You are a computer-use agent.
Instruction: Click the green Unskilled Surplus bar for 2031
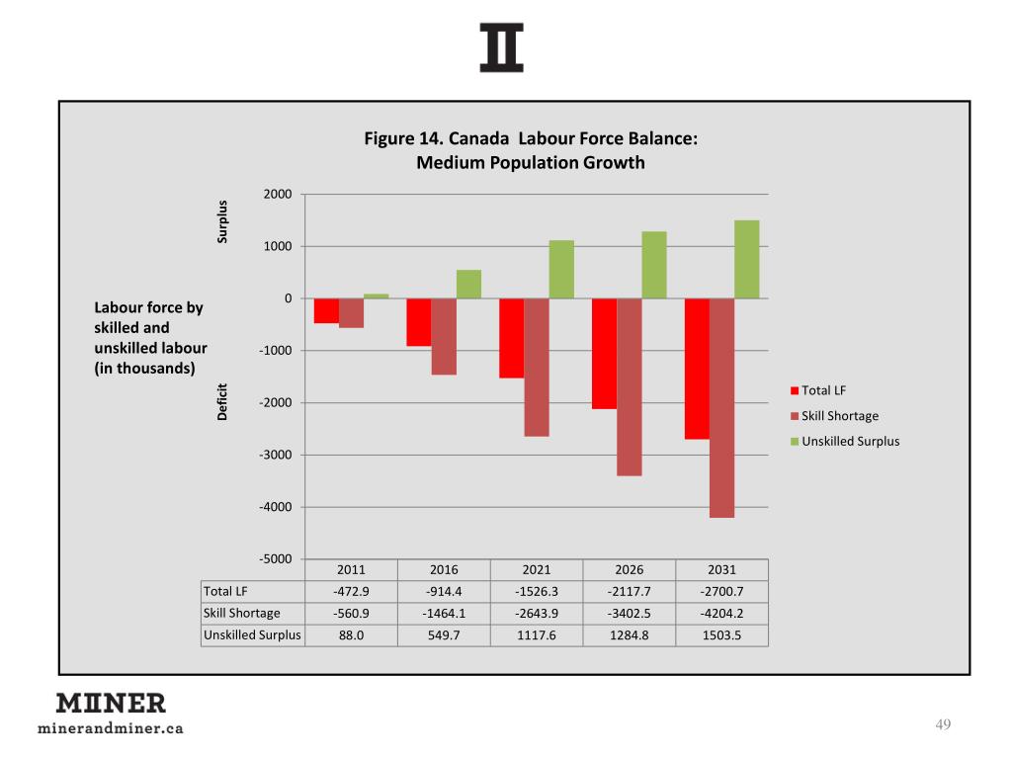point(746,259)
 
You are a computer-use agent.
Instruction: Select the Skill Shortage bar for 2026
point(630,386)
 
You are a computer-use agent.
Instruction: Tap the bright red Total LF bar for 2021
point(511,338)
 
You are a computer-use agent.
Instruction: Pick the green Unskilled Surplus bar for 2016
point(468,284)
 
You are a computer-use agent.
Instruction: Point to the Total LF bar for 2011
point(326,310)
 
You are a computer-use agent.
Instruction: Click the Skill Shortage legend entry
point(839,416)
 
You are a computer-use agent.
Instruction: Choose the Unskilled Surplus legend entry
point(850,441)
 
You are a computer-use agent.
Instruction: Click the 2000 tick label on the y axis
point(278,194)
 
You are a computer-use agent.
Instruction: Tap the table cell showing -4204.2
point(721,613)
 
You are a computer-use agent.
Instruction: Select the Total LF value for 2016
point(444,591)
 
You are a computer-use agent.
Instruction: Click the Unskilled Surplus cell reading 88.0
point(351,634)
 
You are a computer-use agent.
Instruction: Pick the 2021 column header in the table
point(537,570)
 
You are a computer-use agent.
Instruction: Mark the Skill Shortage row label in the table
point(241,613)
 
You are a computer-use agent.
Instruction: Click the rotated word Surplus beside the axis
point(223,221)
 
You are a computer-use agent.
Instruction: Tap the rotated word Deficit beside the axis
point(223,402)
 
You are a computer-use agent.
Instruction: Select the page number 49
point(942,726)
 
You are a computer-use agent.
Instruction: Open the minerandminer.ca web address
point(110,729)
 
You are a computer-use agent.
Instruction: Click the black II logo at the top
point(501,47)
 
